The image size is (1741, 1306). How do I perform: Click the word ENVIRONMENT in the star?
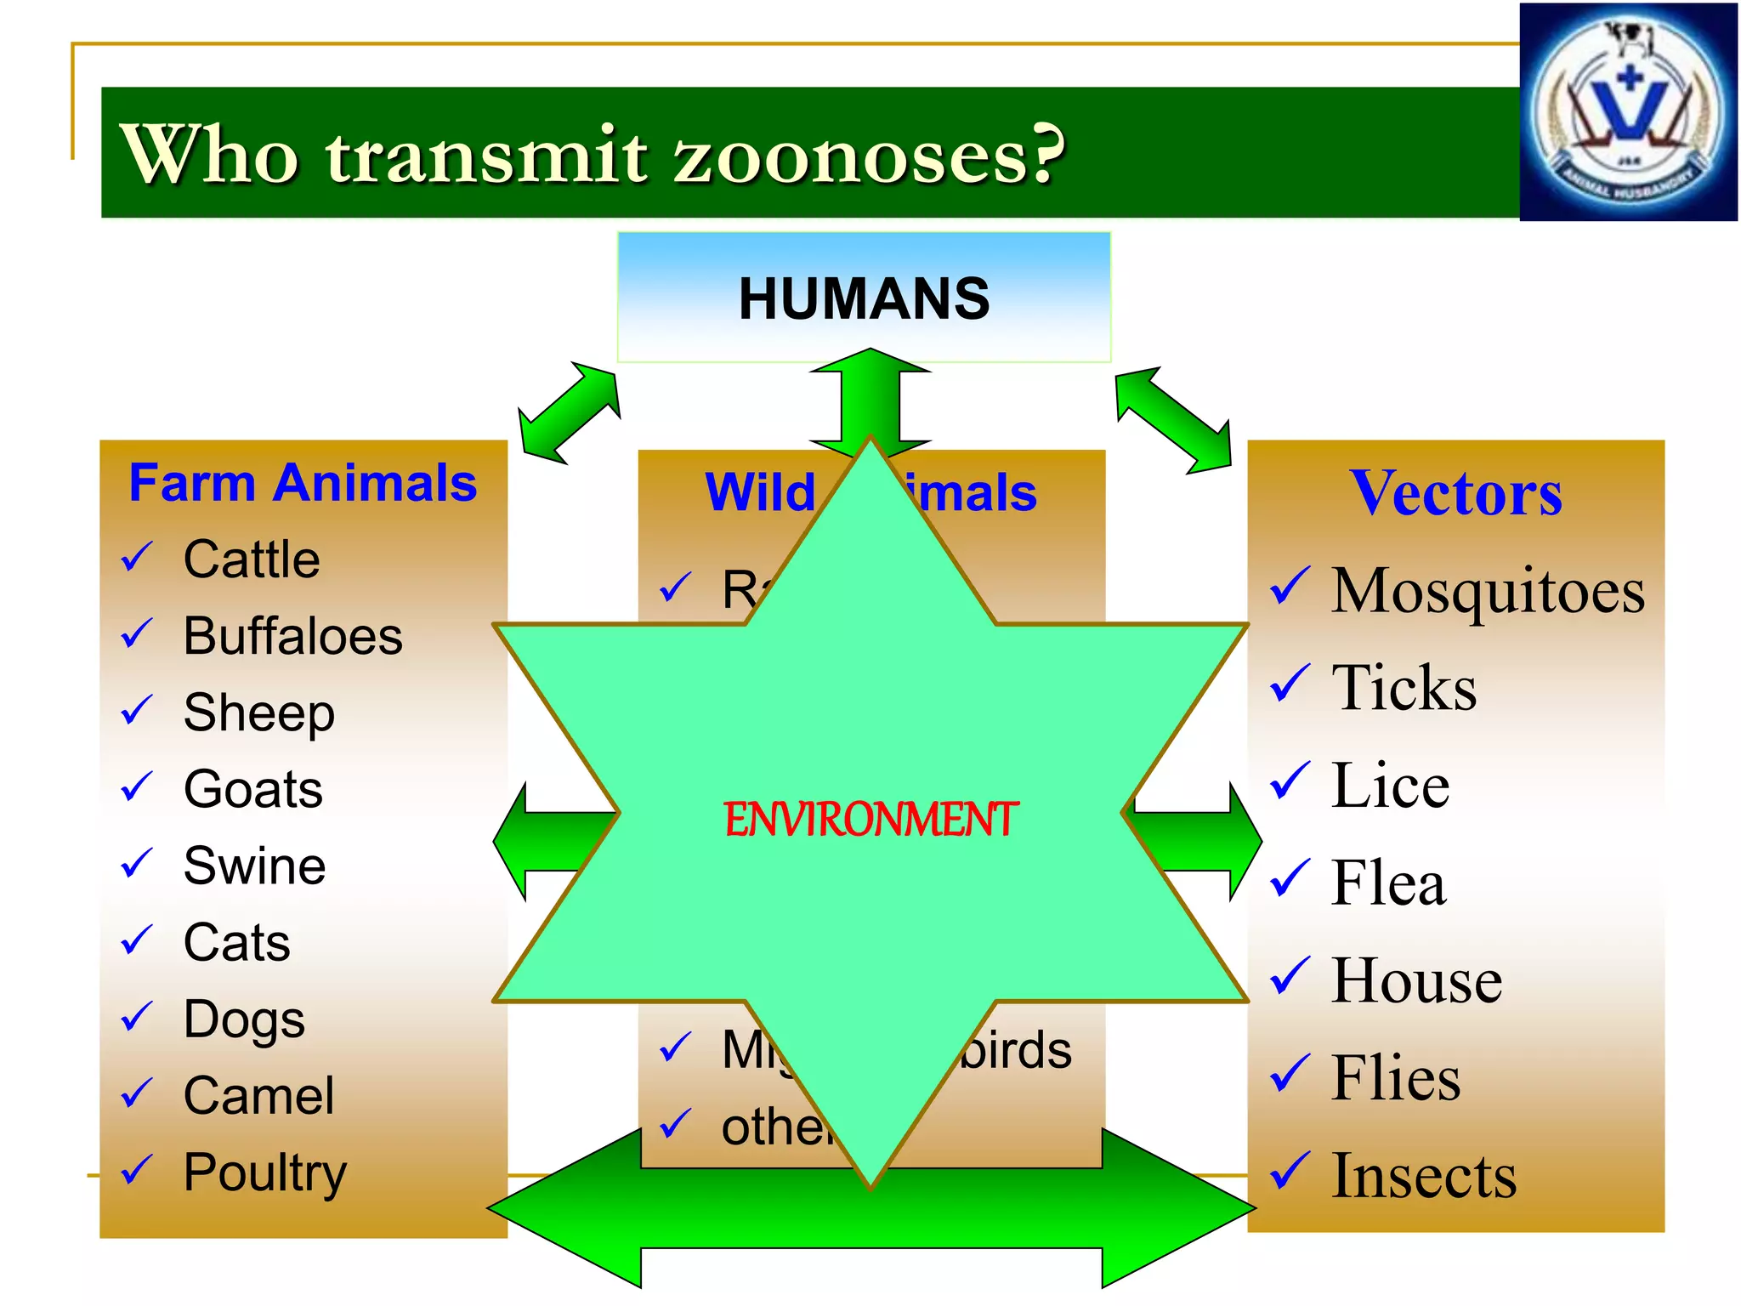(870, 820)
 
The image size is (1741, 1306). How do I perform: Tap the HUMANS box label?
(864, 298)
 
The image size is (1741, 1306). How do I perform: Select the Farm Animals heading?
(303, 483)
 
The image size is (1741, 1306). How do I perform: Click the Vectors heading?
(1455, 493)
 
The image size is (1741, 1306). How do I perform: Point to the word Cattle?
(252, 559)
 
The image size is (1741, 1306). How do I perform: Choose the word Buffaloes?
(292, 636)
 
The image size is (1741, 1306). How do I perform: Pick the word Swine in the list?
(254, 866)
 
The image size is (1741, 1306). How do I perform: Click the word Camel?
(258, 1095)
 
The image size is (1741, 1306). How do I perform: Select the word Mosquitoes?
(1488, 591)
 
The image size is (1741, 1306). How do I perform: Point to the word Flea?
(1388, 883)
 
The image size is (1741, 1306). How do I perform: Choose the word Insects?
(1424, 1176)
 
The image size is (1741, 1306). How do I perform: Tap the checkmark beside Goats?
(137, 787)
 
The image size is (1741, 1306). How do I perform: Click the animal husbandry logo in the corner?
(1628, 113)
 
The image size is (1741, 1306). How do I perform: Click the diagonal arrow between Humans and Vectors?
(1174, 420)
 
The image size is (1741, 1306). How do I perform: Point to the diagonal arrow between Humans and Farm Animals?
(569, 413)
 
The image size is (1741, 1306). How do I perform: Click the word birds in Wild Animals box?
(1016, 1051)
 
